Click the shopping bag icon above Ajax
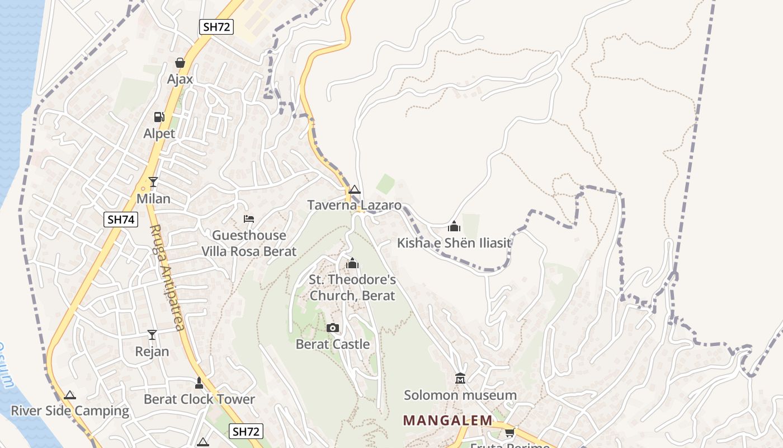click(x=180, y=63)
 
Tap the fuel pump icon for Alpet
click(x=159, y=117)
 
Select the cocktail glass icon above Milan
click(x=153, y=182)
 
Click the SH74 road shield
click(x=121, y=220)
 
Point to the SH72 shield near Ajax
click(x=216, y=27)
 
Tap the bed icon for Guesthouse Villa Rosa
click(x=249, y=218)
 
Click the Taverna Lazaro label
click(x=355, y=205)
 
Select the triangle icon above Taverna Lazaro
click(x=355, y=190)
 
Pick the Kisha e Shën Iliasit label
click(x=454, y=243)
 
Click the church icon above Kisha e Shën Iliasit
click(x=454, y=226)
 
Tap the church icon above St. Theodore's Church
click(x=352, y=263)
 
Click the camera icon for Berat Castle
click(x=333, y=328)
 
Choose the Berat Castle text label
click(x=333, y=344)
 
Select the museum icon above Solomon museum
click(x=460, y=379)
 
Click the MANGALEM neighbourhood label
click(x=448, y=420)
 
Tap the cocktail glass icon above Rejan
click(x=152, y=335)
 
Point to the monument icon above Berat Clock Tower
click(x=199, y=383)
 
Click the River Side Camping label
click(x=70, y=411)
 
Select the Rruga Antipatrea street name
click(x=167, y=277)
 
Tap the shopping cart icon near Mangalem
click(x=510, y=432)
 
